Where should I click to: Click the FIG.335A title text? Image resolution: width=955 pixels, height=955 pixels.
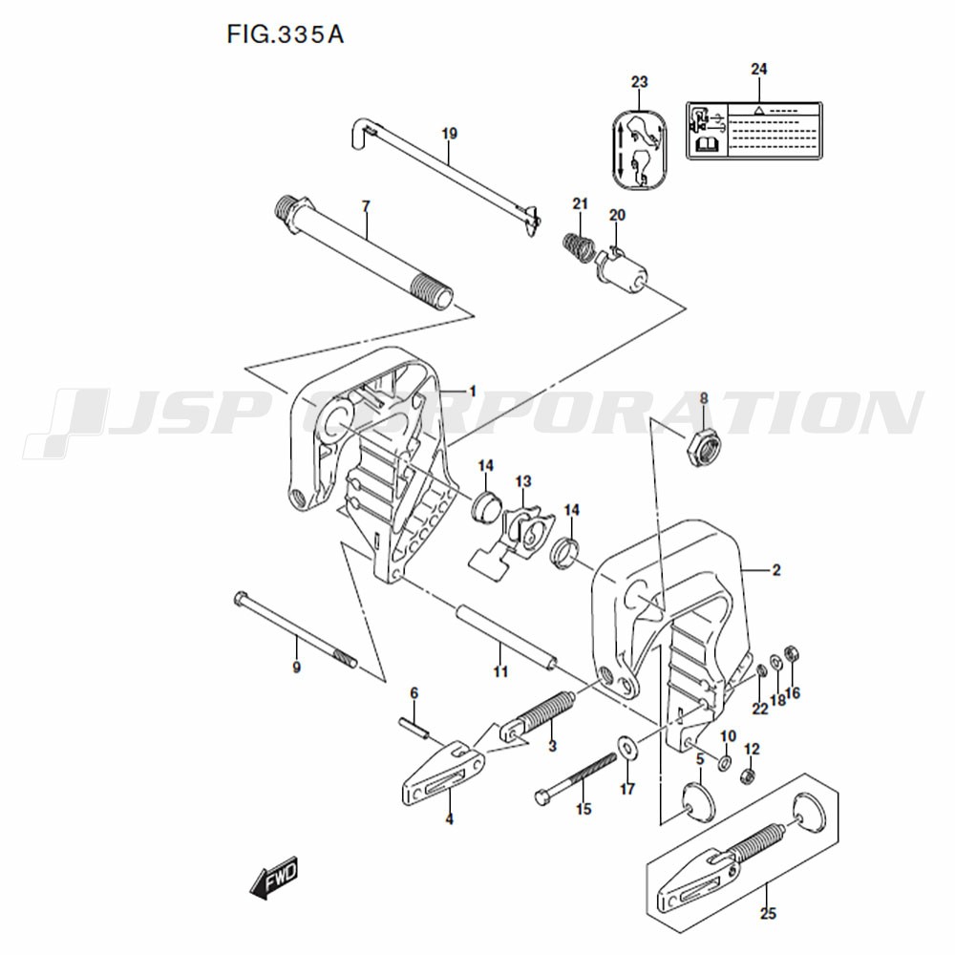click(x=285, y=34)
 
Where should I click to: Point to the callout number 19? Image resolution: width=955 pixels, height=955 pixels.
click(x=449, y=133)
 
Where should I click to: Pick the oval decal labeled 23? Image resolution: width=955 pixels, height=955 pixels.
click(x=640, y=150)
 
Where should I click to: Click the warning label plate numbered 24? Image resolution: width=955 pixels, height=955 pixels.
click(x=754, y=130)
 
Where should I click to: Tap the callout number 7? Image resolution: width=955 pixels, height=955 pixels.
click(x=366, y=206)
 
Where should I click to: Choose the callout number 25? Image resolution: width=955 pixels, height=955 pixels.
click(x=768, y=913)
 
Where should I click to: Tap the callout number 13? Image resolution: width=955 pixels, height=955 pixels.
click(x=523, y=481)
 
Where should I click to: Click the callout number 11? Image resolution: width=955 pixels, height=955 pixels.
click(x=500, y=671)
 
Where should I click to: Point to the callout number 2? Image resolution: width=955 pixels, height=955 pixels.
click(x=775, y=570)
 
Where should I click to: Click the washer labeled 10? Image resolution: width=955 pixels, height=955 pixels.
click(x=725, y=762)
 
